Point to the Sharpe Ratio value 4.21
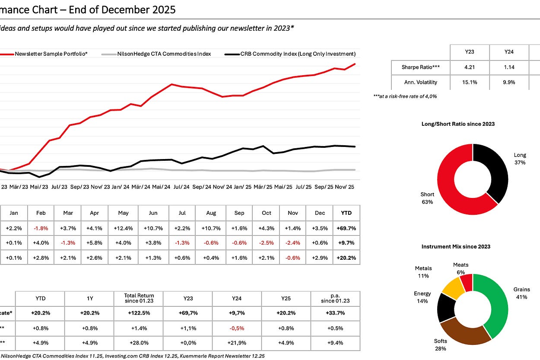[x=470, y=67]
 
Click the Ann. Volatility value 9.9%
[x=509, y=82]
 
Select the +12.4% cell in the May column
[x=123, y=228]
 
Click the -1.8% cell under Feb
[x=41, y=228]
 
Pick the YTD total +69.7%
[x=346, y=228]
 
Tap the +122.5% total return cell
[x=139, y=312]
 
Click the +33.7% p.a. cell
[x=335, y=312]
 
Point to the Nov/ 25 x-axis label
[x=344, y=187]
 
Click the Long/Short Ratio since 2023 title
[x=458, y=124]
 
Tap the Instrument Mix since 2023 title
[x=456, y=247]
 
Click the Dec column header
[x=320, y=213]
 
